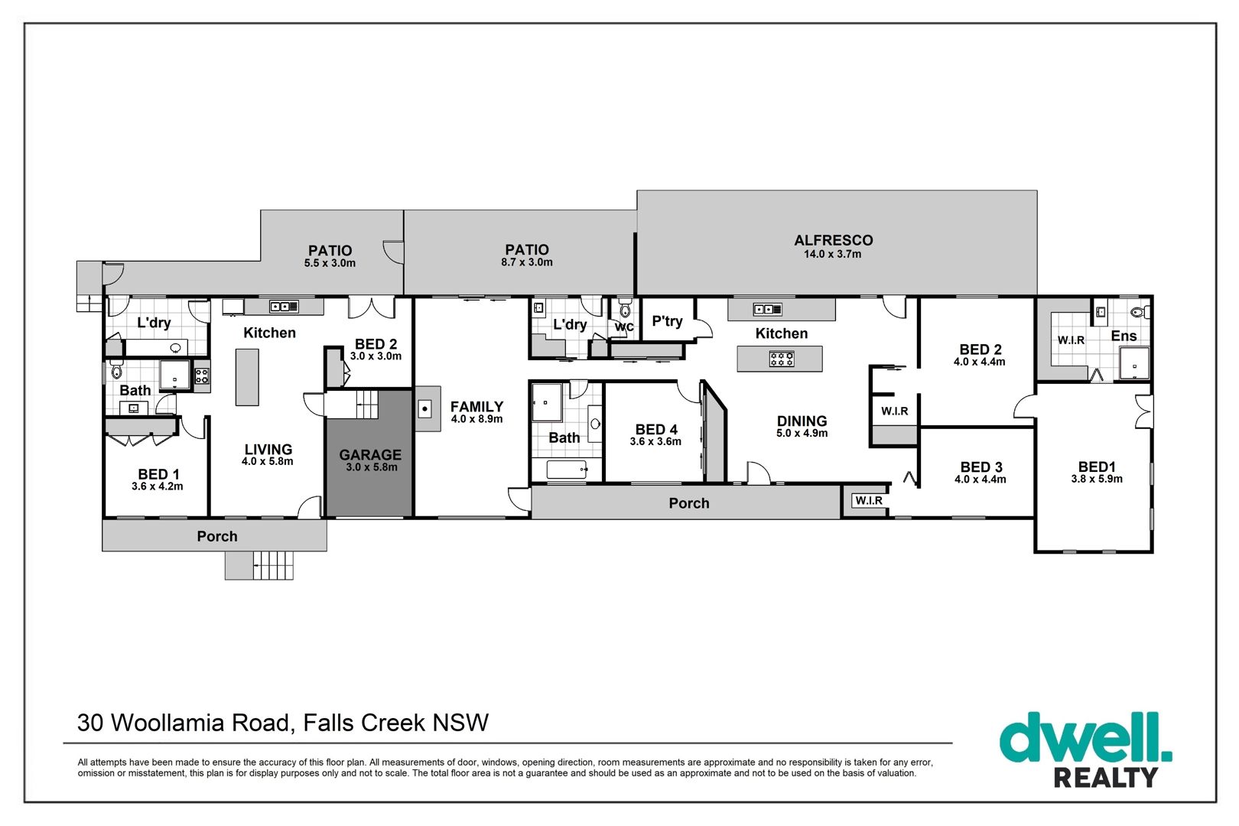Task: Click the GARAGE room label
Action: click(370, 455)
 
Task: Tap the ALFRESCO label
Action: click(833, 240)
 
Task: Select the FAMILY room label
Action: click(476, 407)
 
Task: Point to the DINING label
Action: click(802, 421)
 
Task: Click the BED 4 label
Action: click(656, 429)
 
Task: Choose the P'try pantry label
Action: click(667, 321)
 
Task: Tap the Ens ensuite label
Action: click(1124, 336)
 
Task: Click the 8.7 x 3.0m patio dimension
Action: click(526, 262)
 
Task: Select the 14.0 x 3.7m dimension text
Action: click(832, 254)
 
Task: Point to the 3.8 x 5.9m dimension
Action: click(1097, 479)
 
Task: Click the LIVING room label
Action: click(268, 449)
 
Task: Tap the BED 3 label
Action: click(981, 467)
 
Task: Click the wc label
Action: click(624, 327)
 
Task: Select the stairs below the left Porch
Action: click(259, 565)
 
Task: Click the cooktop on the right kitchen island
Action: click(782, 359)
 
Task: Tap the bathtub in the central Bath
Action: click(567, 470)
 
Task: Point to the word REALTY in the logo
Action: click(1106, 777)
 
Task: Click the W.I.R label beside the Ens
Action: click(1072, 340)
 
